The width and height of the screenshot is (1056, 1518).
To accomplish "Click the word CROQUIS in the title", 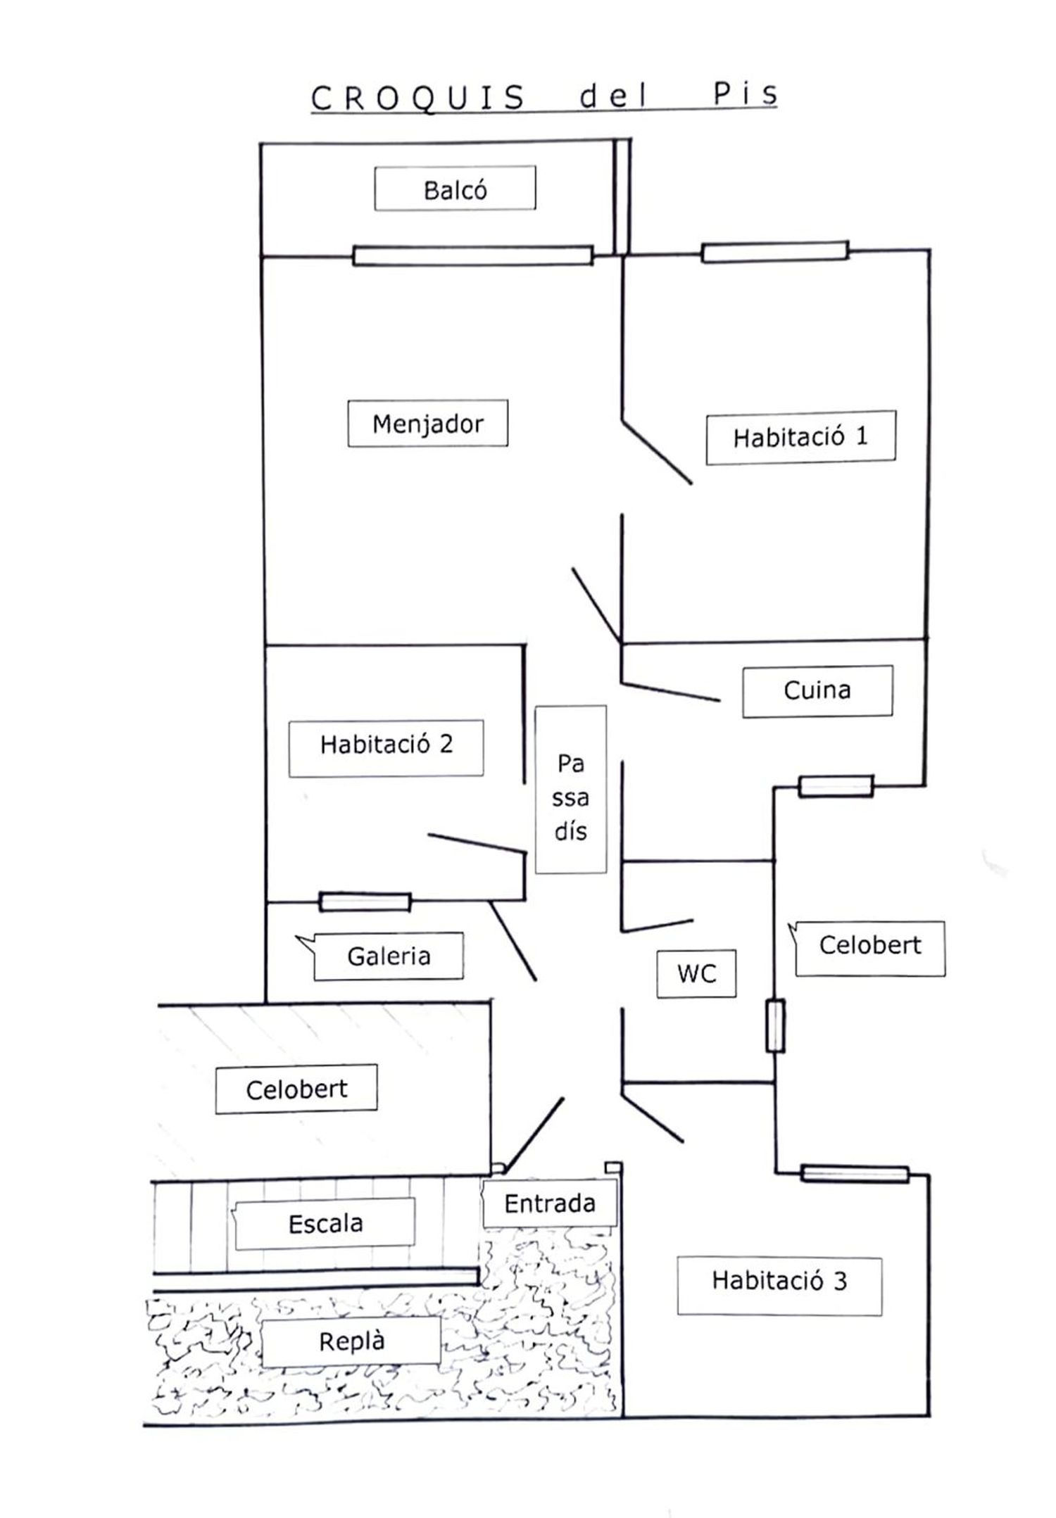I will pyautogui.click(x=417, y=98).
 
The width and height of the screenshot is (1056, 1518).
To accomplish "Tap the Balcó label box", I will pyautogui.click(x=455, y=189).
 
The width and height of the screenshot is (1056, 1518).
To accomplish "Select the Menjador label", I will pyautogui.click(x=427, y=424).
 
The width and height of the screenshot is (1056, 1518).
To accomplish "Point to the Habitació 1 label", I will pyautogui.click(x=800, y=437).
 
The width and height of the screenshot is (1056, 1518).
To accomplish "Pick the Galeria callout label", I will pyautogui.click(x=388, y=956).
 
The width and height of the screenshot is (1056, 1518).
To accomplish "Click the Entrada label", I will pyautogui.click(x=549, y=1203).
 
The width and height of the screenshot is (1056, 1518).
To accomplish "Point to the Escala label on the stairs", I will pyautogui.click(x=325, y=1223).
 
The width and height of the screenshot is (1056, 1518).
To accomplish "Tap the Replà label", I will pyautogui.click(x=351, y=1341).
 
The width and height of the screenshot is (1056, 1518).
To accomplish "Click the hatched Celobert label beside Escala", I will pyautogui.click(x=296, y=1089).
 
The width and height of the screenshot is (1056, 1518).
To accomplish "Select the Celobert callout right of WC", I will pyautogui.click(x=870, y=945).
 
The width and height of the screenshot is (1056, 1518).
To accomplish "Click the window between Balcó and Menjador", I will pyautogui.click(x=472, y=255).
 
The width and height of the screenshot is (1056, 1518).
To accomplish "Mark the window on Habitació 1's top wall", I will pyautogui.click(x=774, y=252).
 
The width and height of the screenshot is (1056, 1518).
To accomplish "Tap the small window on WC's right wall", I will pyautogui.click(x=774, y=1026).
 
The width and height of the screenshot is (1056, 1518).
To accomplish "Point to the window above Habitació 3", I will pyautogui.click(x=855, y=1174).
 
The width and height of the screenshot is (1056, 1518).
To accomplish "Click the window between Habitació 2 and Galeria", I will pyautogui.click(x=365, y=902).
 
